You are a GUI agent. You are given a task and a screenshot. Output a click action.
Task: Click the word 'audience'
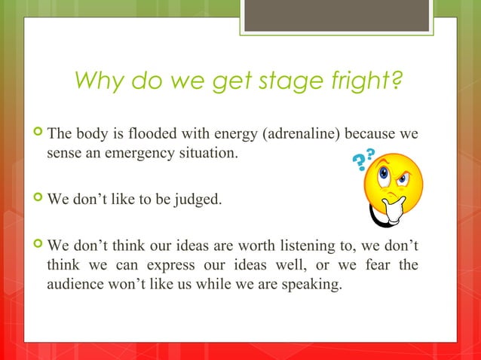click(x=73, y=284)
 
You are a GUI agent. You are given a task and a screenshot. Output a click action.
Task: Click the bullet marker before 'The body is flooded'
click(x=37, y=136)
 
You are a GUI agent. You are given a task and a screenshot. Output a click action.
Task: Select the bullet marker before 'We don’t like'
click(x=37, y=201)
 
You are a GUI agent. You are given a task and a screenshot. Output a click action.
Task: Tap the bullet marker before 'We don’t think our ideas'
click(x=37, y=248)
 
